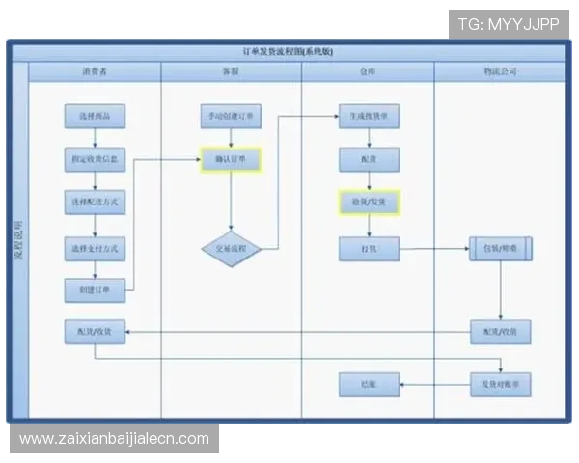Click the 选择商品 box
[x=95, y=116]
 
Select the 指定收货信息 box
[x=95, y=159]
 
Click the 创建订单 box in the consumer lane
[x=95, y=289]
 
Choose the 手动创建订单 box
[x=231, y=116]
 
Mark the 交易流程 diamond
[x=231, y=249]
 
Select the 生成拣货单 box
[x=368, y=116]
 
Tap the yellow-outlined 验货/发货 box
[x=368, y=203]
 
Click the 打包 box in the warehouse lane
[x=368, y=248]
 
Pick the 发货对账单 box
[x=500, y=384]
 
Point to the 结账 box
[x=368, y=384]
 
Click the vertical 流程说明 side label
[x=18, y=241]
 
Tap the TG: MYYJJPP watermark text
[x=509, y=23]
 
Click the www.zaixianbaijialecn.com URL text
[x=115, y=439]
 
